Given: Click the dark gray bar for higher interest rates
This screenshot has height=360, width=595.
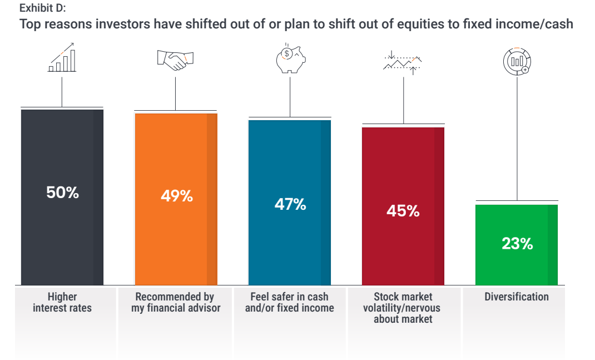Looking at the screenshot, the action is pyautogui.click(x=62, y=197).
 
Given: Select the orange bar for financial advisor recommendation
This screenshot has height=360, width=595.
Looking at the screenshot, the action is pyautogui.click(x=176, y=199).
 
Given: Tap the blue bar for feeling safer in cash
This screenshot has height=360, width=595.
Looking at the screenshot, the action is pyautogui.click(x=290, y=203).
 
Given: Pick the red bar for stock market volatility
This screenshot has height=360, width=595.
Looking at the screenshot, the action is pyautogui.click(x=403, y=206).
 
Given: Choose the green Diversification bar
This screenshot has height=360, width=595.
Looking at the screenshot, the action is pyautogui.click(x=517, y=245).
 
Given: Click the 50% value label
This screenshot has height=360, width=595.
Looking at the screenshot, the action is pyautogui.click(x=63, y=193).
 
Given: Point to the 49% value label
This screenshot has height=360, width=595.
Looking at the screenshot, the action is pyautogui.click(x=177, y=196).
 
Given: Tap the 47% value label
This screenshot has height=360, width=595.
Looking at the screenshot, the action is pyautogui.click(x=290, y=204).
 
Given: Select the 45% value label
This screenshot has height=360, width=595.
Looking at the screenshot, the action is pyautogui.click(x=403, y=211).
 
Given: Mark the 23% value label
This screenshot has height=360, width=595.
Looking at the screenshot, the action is pyautogui.click(x=517, y=243).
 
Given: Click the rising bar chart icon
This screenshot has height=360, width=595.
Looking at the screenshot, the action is pyautogui.click(x=62, y=57).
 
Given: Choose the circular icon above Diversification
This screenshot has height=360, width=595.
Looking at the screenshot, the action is pyautogui.click(x=517, y=61).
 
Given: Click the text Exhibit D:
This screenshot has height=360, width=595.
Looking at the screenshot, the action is pyautogui.click(x=42, y=8).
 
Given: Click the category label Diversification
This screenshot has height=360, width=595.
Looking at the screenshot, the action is pyautogui.click(x=517, y=297).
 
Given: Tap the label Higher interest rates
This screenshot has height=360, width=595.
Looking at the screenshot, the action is pyautogui.click(x=62, y=302).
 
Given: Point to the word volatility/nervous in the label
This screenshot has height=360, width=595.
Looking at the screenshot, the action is pyautogui.click(x=402, y=308).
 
